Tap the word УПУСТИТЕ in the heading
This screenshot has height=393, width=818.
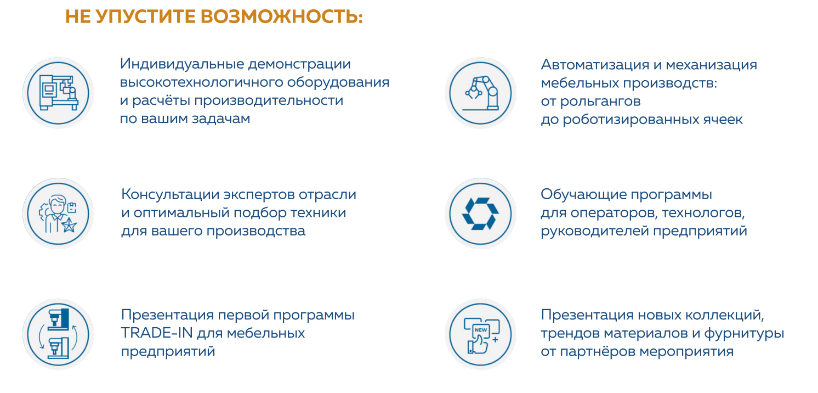pos(146,17)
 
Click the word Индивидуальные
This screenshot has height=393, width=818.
pos(181,64)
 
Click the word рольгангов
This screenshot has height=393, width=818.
pos(600,102)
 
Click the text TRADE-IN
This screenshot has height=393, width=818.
pos(157,333)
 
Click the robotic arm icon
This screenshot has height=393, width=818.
pos(481,93)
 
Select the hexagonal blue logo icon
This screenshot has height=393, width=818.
pos(480,214)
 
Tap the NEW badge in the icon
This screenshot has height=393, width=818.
pos(481,330)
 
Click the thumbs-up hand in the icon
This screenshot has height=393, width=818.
pos(478,345)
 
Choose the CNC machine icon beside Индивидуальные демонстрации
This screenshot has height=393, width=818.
pos(59,93)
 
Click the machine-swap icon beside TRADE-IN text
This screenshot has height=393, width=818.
pos(58,334)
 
